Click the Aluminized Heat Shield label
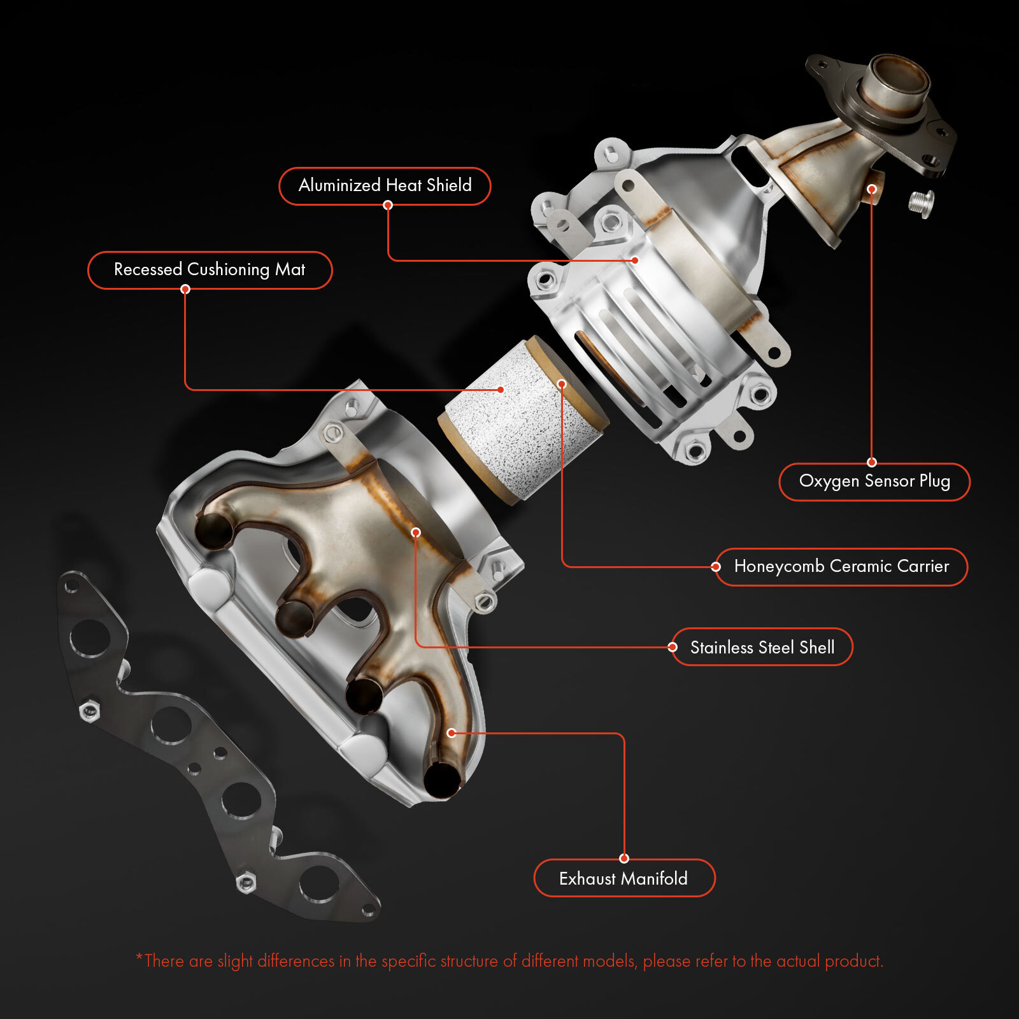[x=385, y=185]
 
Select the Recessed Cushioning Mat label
[x=210, y=269]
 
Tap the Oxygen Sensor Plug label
[x=874, y=481]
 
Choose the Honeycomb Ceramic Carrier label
[x=841, y=566]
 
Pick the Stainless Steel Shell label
[x=762, y=647]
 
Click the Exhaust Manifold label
[x=624, y=878]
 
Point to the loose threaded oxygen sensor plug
[x=921, y=204]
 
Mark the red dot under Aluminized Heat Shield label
[x=388, y=205]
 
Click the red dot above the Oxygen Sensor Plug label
[x=872, y=462]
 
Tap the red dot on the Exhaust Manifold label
[x=624, y=859]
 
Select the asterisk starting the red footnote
[x=139, y=957]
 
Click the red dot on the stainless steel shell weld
[x=416, y=532]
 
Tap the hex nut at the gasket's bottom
[x=245, y=883]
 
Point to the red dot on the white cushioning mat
[x=501, y=389]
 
